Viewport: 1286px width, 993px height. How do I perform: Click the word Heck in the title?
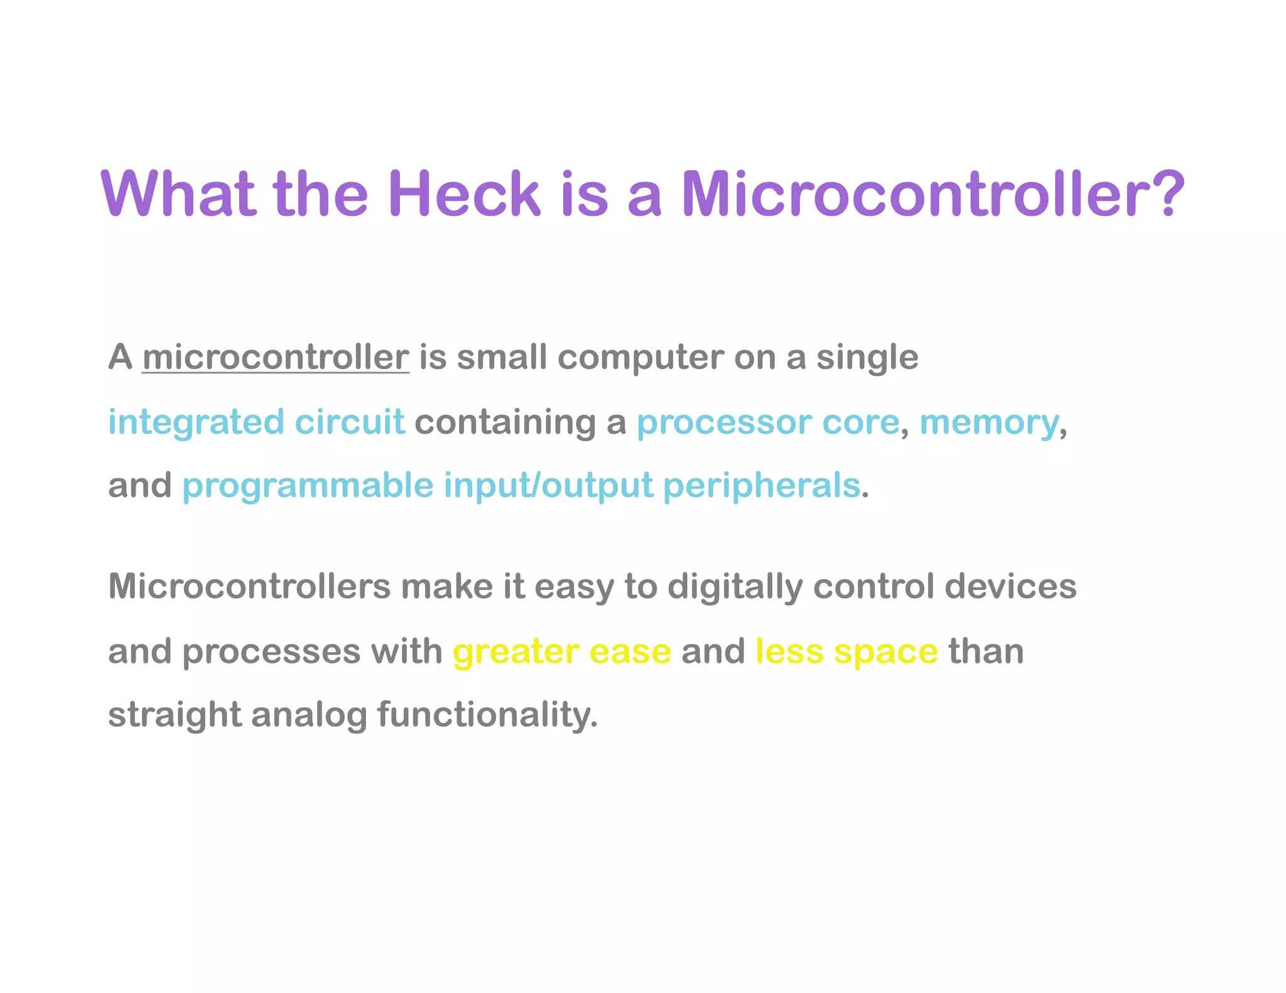coord(464,194)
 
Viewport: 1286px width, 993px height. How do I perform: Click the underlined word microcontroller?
coord(276,357)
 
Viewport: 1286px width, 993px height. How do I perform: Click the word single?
coord(867,358)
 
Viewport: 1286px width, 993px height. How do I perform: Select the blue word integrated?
coord(196,422)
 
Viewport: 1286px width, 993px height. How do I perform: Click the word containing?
coord(505,422)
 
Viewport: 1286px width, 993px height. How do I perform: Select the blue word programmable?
coord(308,486)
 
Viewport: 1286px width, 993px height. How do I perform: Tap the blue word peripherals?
coord(761,486)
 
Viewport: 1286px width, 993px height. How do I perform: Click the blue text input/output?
coord(548,486)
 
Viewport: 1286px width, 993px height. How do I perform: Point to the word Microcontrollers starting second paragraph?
coord(249,587)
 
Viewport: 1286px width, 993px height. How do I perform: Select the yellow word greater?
coord(516,652)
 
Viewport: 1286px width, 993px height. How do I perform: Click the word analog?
coord(309,716)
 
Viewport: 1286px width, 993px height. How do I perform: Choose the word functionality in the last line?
coord(487,716)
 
